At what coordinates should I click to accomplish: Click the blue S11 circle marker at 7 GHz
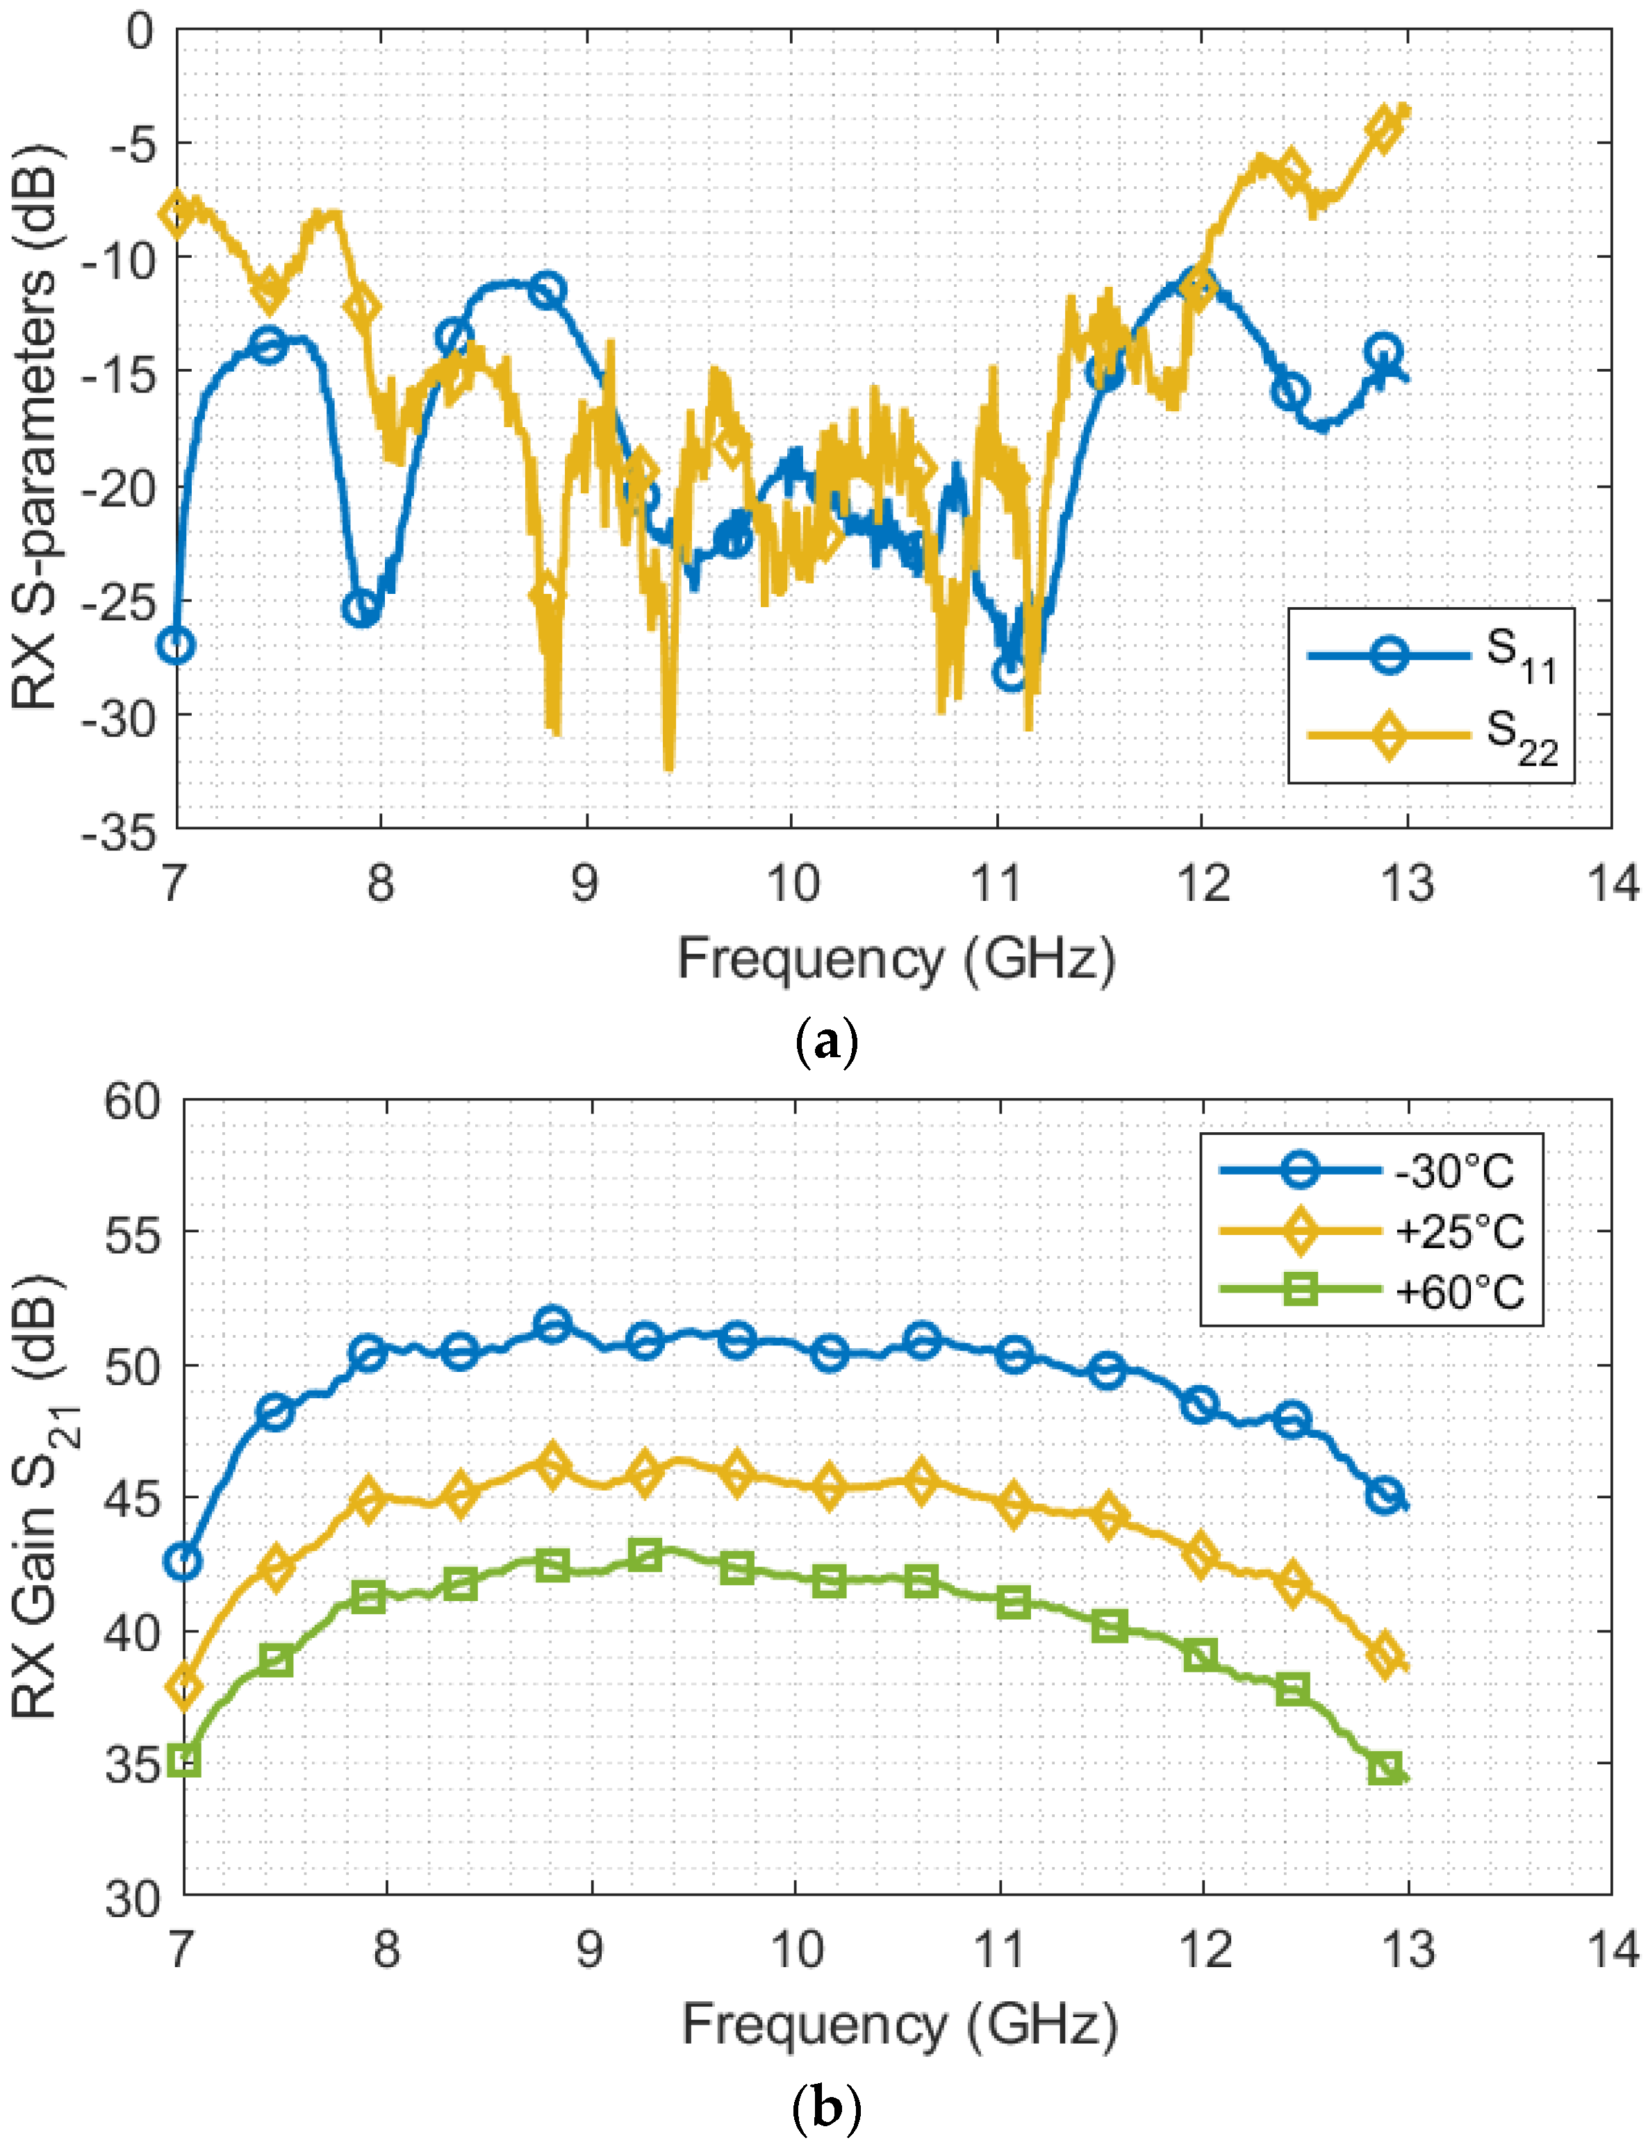pyautogui.click(x=176, y=645)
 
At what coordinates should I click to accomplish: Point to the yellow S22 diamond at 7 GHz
pyautogui.click(x=176, y=212)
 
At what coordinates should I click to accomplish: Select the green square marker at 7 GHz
pyautogui.click(x=184, y=1761)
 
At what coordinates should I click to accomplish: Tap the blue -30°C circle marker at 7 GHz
pyautogui.click(x=184, y=1561)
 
